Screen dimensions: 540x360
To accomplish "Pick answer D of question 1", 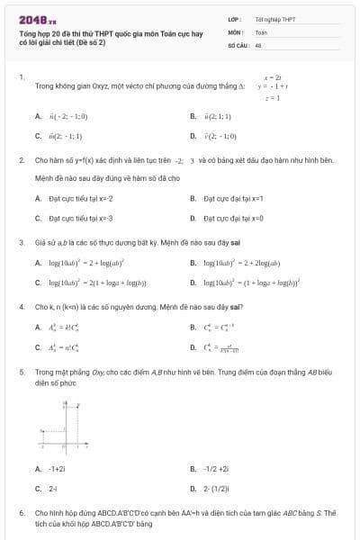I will coord(219,136).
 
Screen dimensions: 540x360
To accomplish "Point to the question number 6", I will coord(21,512).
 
